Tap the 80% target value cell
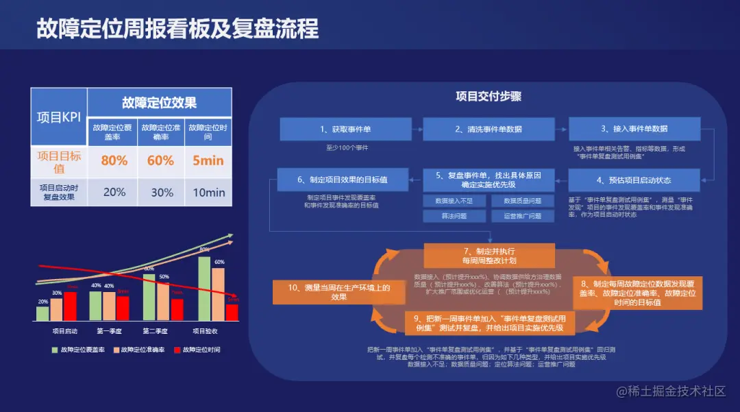114,160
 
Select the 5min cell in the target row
208,160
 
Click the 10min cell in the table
208,192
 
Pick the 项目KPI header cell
59,117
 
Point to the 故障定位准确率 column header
161,131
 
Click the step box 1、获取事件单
345,129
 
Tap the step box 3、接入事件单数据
634,129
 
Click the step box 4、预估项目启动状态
634,180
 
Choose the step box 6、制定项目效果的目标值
342,180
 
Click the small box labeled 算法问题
454,216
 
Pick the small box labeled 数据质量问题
522,201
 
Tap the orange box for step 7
489,256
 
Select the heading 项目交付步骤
489,97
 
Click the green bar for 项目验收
203,288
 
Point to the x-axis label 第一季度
110,331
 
